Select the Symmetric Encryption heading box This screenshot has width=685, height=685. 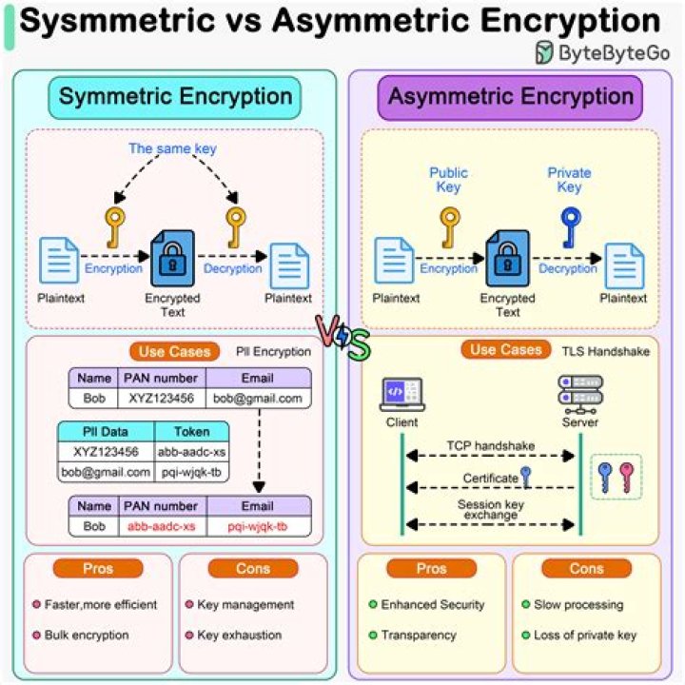click(176, 97)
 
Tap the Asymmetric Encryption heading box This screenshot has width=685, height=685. click(510, 97)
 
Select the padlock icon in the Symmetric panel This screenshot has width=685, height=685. click(172, 258)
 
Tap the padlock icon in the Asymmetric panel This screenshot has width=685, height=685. click(507, 258)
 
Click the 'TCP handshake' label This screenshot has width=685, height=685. click(491, 445)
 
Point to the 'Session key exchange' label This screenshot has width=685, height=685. click(491, 510)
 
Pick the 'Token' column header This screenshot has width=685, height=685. click(191, 432)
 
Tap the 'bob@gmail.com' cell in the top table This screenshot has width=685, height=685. click(257, 398)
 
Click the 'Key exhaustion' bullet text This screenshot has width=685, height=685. click(239, 635)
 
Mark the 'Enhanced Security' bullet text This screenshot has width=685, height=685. click(433, 604)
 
